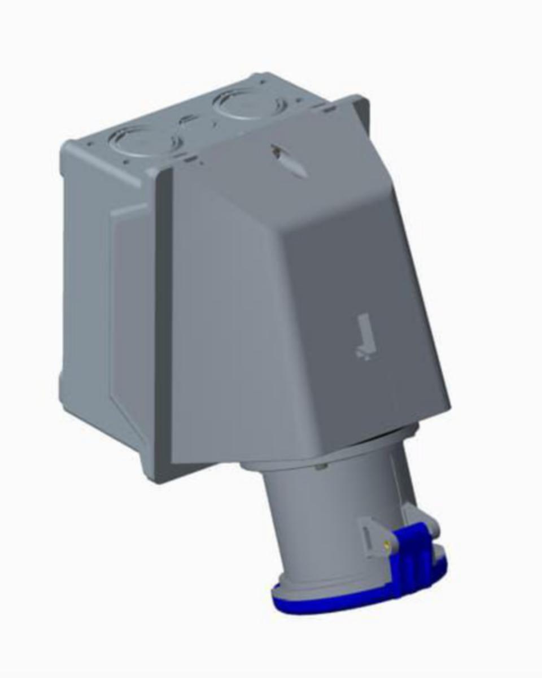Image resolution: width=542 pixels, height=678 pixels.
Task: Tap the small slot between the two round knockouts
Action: (x=187, y=120)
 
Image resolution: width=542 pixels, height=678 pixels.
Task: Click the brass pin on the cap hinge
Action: (x=386, y=546)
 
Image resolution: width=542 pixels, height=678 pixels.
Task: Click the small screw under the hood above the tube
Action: (x=321, y=466)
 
